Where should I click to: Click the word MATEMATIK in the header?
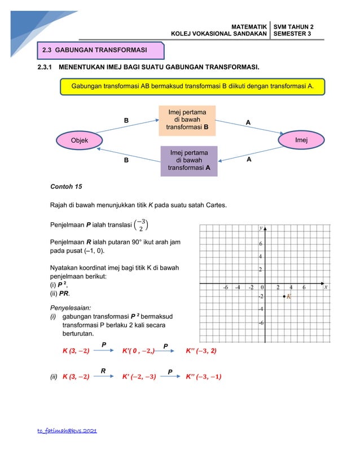point(248,27)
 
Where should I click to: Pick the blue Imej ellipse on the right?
point(298,140)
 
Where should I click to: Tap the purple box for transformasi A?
point(188,161)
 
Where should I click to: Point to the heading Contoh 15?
point(66,186)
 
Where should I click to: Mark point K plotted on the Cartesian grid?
point(284,296)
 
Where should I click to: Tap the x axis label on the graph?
point(326,287)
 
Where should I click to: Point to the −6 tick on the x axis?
point(225,287)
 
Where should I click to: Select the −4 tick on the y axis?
point(261,309)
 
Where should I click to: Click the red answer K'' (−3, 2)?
point(201,350)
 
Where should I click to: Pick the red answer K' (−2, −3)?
point(139,377)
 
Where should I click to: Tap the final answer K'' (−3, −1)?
point(203,377)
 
